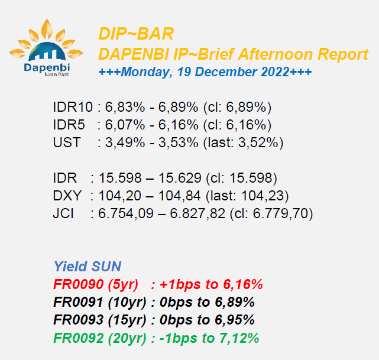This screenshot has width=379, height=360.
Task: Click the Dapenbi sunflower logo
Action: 46,48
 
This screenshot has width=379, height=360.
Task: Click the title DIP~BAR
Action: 136,34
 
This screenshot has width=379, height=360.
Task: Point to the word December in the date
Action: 226,72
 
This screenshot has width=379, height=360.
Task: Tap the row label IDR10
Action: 73,107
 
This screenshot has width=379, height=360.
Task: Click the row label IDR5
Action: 69,125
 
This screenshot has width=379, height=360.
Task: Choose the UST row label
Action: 67,142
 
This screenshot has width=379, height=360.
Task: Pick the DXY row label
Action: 67,196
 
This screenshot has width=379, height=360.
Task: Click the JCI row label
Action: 63,213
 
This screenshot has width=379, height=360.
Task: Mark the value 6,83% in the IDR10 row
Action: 125,107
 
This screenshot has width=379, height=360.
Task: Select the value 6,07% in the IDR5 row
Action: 125,125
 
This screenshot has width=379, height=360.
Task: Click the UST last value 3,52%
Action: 258,142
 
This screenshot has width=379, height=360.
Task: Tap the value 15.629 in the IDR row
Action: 180,178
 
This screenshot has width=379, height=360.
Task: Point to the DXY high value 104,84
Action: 180,196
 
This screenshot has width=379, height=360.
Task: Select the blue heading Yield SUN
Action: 88,267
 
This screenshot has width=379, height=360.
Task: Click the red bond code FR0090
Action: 78,284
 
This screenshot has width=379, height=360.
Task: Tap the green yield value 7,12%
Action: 239,338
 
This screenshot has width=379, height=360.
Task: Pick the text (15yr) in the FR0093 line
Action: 127,320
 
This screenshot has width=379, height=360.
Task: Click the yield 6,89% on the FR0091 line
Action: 235,302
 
